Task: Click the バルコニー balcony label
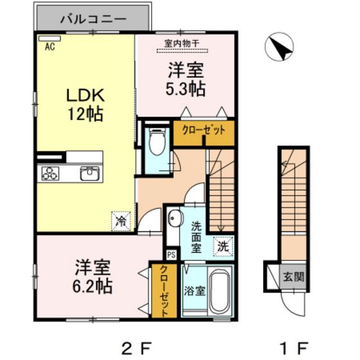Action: pos(93,19)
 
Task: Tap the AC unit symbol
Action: pos(50,39)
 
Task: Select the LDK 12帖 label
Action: pos(85,104)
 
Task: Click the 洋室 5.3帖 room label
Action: pos(186,79)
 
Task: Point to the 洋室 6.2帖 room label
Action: pos(93,276)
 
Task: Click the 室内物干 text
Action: pos(181,44)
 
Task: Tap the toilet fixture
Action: pos(157,141)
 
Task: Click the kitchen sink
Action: pos(89,173)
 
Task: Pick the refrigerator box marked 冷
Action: pos(121,221)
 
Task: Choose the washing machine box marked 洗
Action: pos(223,247)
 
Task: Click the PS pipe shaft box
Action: pos(172,255)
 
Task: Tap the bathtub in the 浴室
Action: pos(219,291)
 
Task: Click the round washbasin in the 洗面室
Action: pos(175,217)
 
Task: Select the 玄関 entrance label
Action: pos(293,276)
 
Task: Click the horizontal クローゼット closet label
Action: pos(204,130)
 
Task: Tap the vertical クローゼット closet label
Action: pos(164,291)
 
